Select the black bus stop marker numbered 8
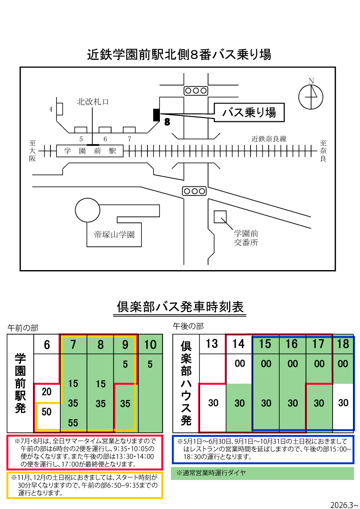click(x=156, y=115)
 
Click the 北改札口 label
click(x=93, y=102)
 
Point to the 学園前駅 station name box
click(x=90, y=151)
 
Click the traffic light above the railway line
click(x=195, y=91)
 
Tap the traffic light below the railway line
click(x=194, y=191)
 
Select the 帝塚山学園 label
click(x=114, y=235)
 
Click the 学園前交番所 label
click(x=246, y=238)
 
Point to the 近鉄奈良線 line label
click(x=269, y=139)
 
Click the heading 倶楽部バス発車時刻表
click(x=180, y=306)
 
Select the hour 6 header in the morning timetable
click(x=47, y=344)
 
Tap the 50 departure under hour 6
click(x=47, y=412)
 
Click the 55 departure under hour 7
click(x=73, y=423)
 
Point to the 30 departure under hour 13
click(x=212, y=403)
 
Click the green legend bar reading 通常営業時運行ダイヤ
click(x=262, y=473)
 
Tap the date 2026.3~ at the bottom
click(x=344, y=504)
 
